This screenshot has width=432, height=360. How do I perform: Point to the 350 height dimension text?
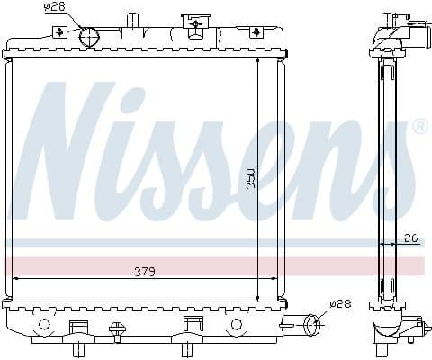click(251, 178)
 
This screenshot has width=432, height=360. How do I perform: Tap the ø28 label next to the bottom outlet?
click(339, 304)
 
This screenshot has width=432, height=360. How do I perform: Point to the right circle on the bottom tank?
click(237, 323)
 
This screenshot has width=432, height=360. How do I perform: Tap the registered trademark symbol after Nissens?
click(419, 128)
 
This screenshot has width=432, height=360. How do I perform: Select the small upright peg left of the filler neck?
click(133, 21)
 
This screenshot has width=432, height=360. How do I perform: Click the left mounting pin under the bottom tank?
click(78, 346)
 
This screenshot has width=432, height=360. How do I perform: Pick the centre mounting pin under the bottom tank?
click(190, 346)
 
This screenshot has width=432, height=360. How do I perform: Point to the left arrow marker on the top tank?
click(59, 32)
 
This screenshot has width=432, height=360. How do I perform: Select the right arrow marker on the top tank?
click(257, 32)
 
